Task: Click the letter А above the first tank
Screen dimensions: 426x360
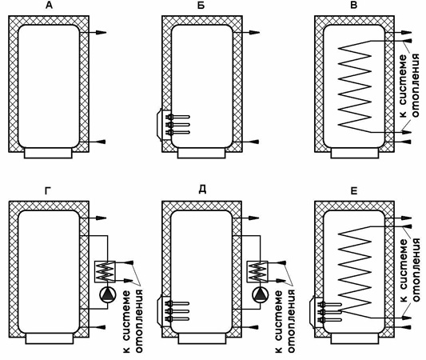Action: tap(49, 5)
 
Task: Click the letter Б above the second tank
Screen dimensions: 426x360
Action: tap(201, 5)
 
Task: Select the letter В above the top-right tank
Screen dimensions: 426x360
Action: tap(353, 5)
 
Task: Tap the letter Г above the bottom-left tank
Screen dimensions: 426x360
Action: tap(48, 191)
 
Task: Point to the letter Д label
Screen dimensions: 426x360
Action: tap(202, 190)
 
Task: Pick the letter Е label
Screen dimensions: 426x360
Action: tap(353, 191)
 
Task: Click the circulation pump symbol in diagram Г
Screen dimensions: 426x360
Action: tap(108, 295)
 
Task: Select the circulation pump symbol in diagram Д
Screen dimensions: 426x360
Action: tap(261, 295)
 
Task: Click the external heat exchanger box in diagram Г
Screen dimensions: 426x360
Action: tap(105, 271)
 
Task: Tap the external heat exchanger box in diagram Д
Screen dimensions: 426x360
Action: tap(257, 271)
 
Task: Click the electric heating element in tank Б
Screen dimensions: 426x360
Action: tap(173, 125)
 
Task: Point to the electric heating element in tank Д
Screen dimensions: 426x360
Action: tap(173, 311)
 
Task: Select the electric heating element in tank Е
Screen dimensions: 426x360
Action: tap(325, 312)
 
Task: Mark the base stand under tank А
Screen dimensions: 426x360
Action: tap(48, 153)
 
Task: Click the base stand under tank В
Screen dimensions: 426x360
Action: tap(354, 153)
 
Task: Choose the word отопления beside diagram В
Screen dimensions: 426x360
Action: tap(416, 86)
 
